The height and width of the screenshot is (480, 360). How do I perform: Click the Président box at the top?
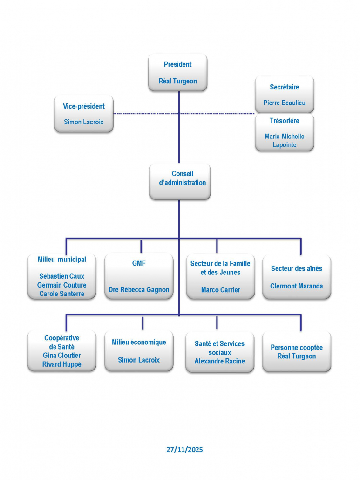coord(177,72)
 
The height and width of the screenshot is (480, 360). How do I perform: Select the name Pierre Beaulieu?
coord(284,103)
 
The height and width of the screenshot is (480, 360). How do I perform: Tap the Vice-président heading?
coord(84,106)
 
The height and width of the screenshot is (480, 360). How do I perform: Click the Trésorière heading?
coord(284,121)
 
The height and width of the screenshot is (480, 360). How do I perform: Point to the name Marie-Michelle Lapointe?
coord(284,140)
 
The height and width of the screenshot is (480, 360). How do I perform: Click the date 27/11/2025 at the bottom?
coord(184,450)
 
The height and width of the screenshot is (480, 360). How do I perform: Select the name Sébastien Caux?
coord(62,276)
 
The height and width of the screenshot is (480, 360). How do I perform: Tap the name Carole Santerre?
coord(62,294)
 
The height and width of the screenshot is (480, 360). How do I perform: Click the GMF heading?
coord(139,263)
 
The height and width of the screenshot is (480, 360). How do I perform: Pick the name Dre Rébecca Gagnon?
coord(139,289)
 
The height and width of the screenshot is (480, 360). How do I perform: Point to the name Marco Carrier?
coord(220,290)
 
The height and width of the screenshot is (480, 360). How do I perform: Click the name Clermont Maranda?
coord(296,286)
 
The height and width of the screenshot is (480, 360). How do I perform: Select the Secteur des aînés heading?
coord(296,268)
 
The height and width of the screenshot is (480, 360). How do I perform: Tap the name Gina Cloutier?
coord(62,356)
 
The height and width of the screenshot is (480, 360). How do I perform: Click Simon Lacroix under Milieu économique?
coord(139,360)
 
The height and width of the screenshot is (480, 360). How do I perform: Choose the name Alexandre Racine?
coord(220,361)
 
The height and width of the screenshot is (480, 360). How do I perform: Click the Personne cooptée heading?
coord(296,348)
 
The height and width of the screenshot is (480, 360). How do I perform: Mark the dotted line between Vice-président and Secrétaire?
coord(140,113)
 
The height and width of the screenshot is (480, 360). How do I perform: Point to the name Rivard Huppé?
coord(62,364)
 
